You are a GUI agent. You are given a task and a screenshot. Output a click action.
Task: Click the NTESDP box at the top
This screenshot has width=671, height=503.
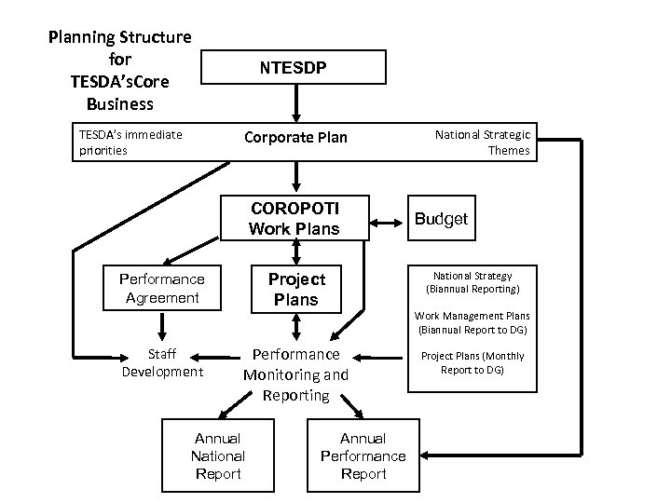point(295,67)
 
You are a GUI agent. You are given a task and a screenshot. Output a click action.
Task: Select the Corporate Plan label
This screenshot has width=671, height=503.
point(295,138)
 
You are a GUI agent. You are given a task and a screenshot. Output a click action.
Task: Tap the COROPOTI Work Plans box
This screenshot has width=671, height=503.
point(295,218)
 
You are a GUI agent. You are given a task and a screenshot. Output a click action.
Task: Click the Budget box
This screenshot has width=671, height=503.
point(441,218)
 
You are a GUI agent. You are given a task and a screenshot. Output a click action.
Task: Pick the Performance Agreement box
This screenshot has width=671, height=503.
point(162,289)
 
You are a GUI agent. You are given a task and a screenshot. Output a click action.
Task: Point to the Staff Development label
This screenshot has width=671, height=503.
point(162,363)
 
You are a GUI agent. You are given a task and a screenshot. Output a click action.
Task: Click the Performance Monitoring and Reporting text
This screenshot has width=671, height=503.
point(295,374)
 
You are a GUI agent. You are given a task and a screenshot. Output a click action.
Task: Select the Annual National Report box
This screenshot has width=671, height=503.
point(217,455)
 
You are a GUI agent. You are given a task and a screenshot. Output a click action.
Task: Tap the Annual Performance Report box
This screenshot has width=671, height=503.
point(363,455)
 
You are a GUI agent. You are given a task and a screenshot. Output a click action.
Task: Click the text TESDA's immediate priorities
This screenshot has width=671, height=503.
point(130,142)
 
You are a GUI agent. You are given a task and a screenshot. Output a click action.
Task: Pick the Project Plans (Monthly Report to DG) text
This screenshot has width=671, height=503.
point(472,362)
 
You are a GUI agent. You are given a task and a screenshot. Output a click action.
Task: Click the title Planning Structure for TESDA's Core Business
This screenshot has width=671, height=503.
point(121,70)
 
